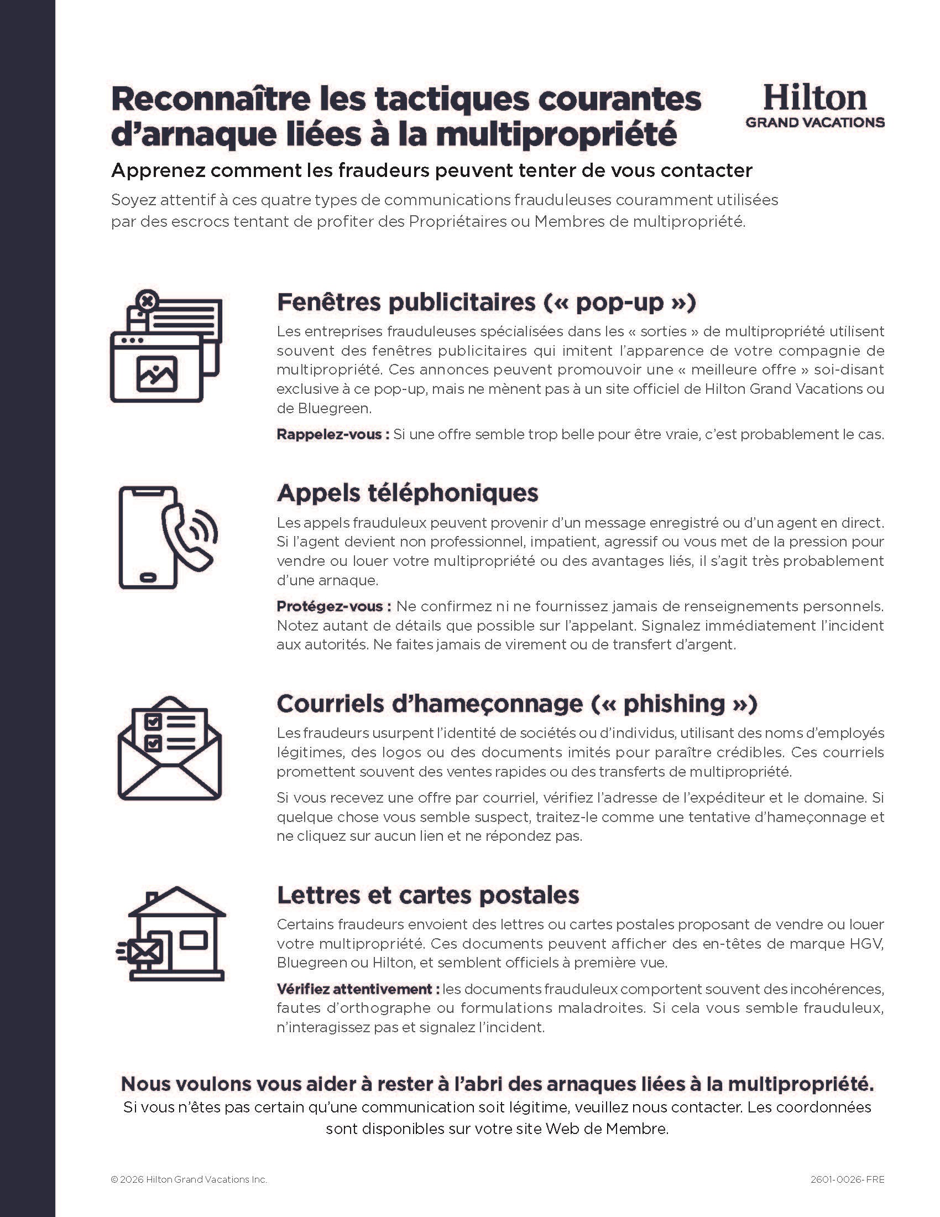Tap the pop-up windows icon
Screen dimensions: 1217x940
click(x=166, y=346)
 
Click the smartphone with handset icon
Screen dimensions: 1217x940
click(x=168, y=537)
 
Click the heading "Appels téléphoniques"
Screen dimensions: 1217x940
click(x=408, y=492)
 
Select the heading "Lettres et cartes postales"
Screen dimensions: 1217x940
click(x=427, y=895)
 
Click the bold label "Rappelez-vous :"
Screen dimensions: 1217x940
click(x=332, y=434)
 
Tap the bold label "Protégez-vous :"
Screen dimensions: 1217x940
click(x=333, y=606)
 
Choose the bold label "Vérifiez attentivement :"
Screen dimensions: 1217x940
click(x=358, y=989)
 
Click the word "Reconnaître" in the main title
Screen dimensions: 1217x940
click(x=211, y=99)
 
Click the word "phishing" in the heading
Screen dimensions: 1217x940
click(x=674, y=704)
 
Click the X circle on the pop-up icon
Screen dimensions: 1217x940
click(x=147, y=301)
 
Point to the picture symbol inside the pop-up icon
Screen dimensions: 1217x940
click(x=157, y=374)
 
